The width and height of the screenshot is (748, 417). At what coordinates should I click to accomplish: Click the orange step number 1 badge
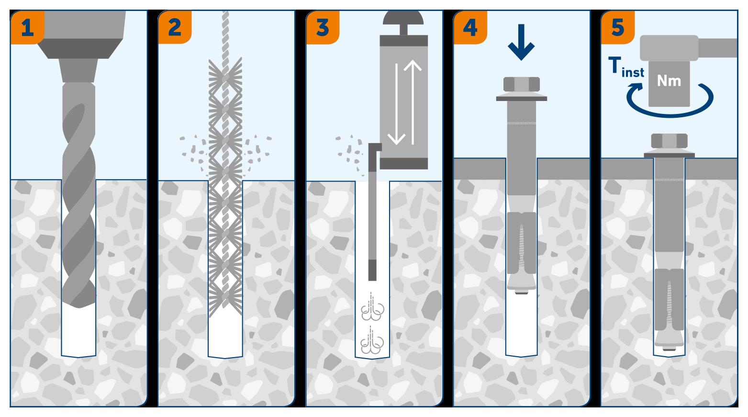pyautogui.click(x=27, y=27)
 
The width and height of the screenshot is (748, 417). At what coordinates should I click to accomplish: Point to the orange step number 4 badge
pyautogui.click(x=470, y=27)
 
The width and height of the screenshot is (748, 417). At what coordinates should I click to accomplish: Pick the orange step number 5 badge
pyautogui.click(x=618, y=27)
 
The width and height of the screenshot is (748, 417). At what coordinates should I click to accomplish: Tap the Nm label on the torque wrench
pyautogui.click(x=669, y=81)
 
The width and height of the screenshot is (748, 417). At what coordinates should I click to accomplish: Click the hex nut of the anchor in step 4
pyautogui.click(x=521, y=85)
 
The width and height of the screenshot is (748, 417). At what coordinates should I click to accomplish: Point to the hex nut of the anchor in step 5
pyautogui.click(x=669, y=141)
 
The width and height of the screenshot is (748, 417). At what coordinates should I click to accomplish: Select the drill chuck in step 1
pyautogui.click(x=79, y=57)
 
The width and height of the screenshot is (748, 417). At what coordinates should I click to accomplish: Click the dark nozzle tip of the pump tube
pyautogui.click(x=372, y=270)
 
